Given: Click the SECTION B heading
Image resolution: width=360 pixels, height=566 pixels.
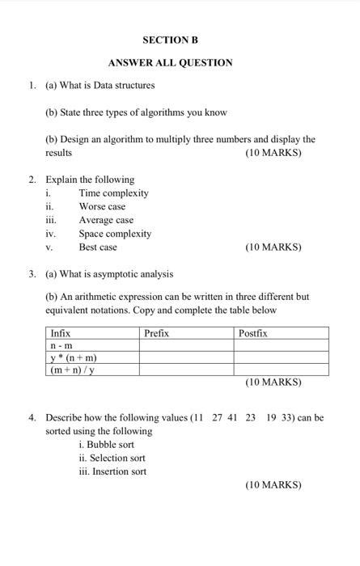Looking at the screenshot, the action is (170, 40).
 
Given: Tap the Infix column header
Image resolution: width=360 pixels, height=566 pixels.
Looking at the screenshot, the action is (61, 333).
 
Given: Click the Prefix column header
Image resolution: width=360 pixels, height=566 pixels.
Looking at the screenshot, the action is (156, 333).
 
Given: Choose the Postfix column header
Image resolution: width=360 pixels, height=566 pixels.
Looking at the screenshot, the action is (252, 333).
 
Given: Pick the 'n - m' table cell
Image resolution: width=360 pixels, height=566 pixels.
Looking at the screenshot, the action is (61, 345).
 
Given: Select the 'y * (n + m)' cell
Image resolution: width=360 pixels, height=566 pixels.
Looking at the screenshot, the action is (74, 357).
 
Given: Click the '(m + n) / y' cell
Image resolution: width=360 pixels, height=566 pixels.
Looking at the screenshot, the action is (73, 370).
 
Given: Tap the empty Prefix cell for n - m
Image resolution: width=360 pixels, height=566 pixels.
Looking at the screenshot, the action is (186, 345).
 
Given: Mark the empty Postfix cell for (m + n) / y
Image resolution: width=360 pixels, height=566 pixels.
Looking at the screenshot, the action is (281, 370).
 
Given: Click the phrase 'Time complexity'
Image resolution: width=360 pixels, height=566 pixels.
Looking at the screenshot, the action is (113, 193).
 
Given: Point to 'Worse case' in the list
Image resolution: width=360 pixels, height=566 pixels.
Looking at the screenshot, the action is (102, 206).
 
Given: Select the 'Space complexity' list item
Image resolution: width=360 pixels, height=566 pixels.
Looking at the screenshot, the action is (115, 234).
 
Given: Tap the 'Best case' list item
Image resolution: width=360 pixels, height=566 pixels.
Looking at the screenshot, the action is (98, 247).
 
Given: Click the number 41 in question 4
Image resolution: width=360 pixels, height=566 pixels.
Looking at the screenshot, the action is (231, 418).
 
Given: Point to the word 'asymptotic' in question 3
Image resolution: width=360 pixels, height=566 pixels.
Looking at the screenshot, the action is (126, 274).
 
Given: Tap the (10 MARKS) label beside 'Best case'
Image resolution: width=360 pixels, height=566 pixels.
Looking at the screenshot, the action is (273, 247).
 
